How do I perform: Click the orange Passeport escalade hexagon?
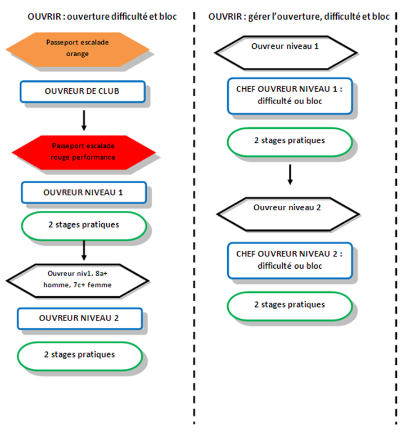pos(78,49)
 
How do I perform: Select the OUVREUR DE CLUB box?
pos(83,92)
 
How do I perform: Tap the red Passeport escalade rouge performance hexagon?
pos(84,152)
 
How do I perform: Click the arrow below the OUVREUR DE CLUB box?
pos(84,120)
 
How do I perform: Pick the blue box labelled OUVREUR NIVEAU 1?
pos(84,192)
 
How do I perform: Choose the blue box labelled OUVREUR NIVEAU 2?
pos(80,319)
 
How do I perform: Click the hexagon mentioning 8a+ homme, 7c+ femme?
pos(78,281)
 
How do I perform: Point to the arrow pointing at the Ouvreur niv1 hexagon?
pos(84,250)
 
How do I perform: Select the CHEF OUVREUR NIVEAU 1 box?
pos(290,96)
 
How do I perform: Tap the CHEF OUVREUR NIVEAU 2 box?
pos(290,261)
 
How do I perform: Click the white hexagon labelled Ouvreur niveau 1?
pos(286,52)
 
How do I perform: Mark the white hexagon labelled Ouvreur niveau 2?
pos(288,214)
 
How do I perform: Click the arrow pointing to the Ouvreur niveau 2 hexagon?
pos(290,174)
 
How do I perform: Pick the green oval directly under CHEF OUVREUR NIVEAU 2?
pos(290,306)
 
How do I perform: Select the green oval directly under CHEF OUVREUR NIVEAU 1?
pos(290,142)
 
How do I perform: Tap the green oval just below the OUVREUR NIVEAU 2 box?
pos(80,356)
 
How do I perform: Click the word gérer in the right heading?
pos(259,17)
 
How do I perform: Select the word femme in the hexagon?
pos(100,285)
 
